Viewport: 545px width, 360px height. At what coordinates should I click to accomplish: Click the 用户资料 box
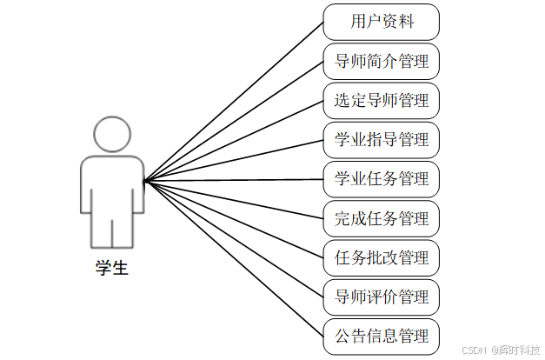coord(381,22)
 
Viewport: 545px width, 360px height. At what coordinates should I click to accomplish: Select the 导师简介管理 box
coord(381,62)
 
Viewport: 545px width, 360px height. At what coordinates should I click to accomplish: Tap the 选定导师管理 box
coord(381,101)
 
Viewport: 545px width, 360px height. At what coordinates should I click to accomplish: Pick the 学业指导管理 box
coord(381,140)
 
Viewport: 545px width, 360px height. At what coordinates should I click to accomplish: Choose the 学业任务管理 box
coord(381,179)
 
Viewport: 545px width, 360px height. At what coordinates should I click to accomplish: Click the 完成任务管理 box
coord(381,218)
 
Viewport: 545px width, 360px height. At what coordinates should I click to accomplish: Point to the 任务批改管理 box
coord(381,258)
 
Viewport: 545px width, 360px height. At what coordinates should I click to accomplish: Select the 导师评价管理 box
coord(381,297)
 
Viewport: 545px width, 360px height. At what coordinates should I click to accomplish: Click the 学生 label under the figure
coord(111,269)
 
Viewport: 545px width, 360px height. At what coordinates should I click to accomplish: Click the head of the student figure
coord(111,136)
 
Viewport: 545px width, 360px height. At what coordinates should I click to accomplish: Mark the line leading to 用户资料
coord(235,101)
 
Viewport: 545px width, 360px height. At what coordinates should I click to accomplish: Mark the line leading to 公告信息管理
coord(235,260)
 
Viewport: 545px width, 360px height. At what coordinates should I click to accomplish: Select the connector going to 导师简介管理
coord(235,121)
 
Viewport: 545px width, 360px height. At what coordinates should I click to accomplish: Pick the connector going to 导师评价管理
coord(235,240)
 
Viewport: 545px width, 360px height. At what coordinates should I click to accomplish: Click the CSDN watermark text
coord(473,350)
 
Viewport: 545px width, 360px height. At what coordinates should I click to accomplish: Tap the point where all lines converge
coord(144,181)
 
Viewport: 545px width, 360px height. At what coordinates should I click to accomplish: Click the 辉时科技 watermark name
coord(518,350)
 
